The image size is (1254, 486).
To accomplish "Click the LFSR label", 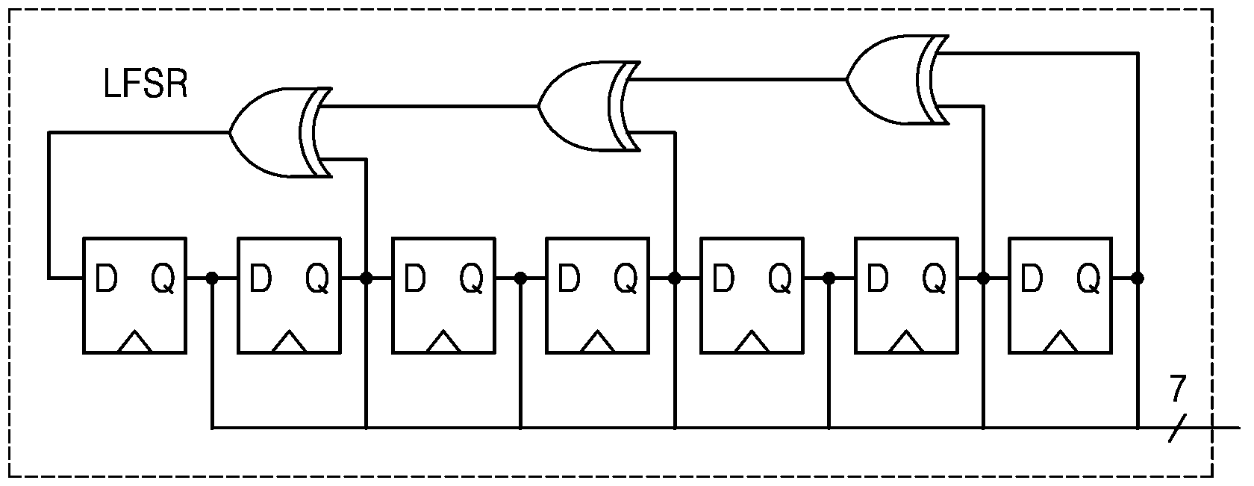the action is pyautogui.click(x=146, y=84).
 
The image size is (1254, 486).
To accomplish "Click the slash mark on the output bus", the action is pyautogui.click(x=1177, y=429).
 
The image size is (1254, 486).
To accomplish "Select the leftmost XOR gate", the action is pyautogui.click(x=281, y=133).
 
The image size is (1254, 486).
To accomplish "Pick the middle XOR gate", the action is pyautogui.click(x=589, y=106).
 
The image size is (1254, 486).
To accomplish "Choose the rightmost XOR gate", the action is pyautogui.click(x=897, y=79).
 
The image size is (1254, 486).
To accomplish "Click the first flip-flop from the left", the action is pyautogui.click(x=134, y=296).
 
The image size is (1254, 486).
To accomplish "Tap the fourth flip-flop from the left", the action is pyautogui.click(x=598, y=296).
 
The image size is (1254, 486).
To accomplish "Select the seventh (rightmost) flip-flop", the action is pyautogui.click(x=1060, y=296).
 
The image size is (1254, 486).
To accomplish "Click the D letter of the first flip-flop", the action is pyautogui.click(x=106, y=278).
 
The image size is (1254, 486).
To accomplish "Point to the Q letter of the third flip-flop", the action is pyautogui.click(x=472, y=279).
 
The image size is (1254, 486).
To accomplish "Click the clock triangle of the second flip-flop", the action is pyautogui.click(x=289, y=342).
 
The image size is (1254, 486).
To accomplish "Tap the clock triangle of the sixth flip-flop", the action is pyautogui.click(x=906, y=342).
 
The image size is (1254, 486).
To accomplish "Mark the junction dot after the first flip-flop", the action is pyautogui.click(x=212, y=278).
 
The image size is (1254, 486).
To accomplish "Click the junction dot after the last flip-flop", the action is pyautogui.click(x=1138, y=278).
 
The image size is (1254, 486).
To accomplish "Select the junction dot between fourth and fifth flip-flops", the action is pyautogui.click(x=675, y=278).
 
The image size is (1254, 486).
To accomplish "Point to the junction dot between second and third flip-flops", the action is pyautogui.click(x=366, y=278).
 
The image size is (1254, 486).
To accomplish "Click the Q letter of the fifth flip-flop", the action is pyautogui.click(x=780, y=279).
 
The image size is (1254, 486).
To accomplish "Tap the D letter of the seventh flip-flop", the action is pyautogui.click(x=1032, y=278).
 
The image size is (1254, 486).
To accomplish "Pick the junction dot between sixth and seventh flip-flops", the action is pyautogui.click(x=984, y=278).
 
